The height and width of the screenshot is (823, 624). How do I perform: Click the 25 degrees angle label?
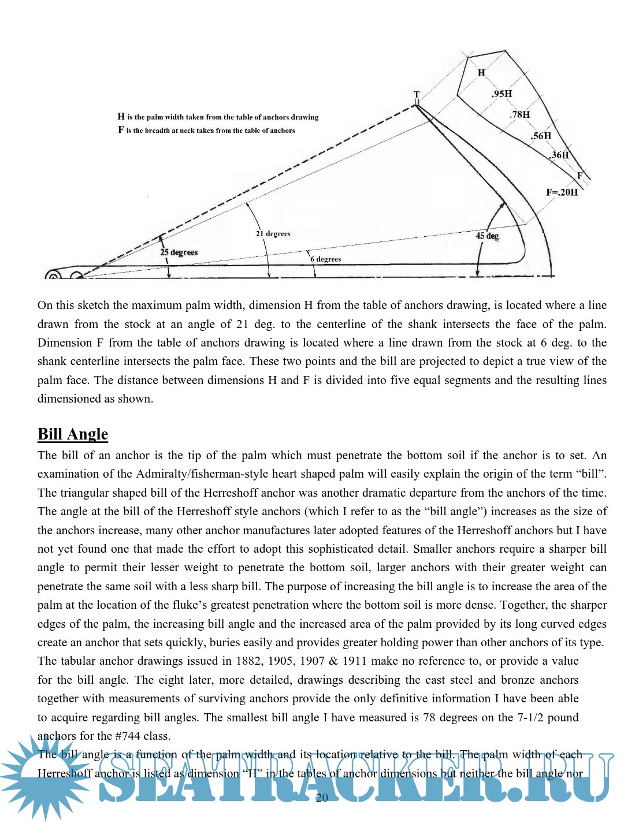(x=179, y=252)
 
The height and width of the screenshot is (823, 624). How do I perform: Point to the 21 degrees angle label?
(x=273, y=234)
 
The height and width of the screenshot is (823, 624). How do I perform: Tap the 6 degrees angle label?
(x=326, y=259)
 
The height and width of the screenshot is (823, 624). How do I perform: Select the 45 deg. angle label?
(x=487, y=236)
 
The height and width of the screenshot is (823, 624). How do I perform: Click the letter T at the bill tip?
(x=417, y=95)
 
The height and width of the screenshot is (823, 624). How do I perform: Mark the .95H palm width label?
(x=502, y=94)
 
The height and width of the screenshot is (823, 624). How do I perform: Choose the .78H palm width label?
(x=520, y=114)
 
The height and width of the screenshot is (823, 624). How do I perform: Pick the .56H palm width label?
(x=541, y=136)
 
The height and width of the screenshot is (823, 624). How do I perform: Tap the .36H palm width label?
(x=559, y=155)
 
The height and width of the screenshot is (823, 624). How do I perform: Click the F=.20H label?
(x=562, y=192)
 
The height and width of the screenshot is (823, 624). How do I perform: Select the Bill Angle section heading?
(x=73, y=434)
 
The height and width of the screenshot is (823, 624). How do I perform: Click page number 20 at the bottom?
(x=322, y=798)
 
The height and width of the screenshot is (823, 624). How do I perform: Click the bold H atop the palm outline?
(x=481, y=73)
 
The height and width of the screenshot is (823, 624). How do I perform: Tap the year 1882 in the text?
(x=248, y=661)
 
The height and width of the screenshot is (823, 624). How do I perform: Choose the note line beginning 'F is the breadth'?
(x=206, y=131)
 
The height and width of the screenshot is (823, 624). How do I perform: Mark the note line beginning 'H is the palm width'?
(x=218, y=117)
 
